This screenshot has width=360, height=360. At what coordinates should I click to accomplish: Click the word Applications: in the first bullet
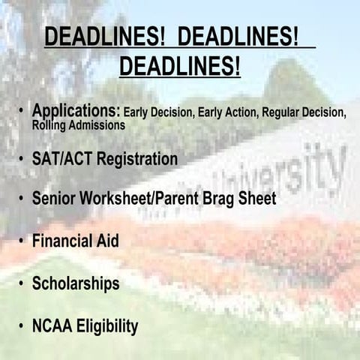coord(76,111)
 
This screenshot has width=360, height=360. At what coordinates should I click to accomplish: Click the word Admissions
coord(97,125)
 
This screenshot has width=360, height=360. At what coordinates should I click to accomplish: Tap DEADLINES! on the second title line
coord(180,67)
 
